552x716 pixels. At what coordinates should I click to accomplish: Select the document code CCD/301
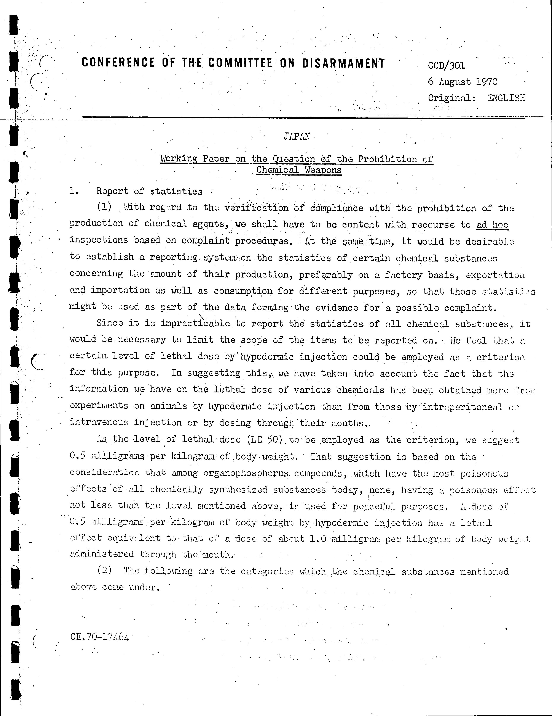446,66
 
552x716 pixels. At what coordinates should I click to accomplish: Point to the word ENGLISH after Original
506,98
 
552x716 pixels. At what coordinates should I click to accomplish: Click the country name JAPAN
297,136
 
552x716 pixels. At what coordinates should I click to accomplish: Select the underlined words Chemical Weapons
299,170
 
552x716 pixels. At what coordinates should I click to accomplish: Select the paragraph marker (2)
104,570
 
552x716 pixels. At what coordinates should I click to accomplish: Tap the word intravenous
99,422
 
